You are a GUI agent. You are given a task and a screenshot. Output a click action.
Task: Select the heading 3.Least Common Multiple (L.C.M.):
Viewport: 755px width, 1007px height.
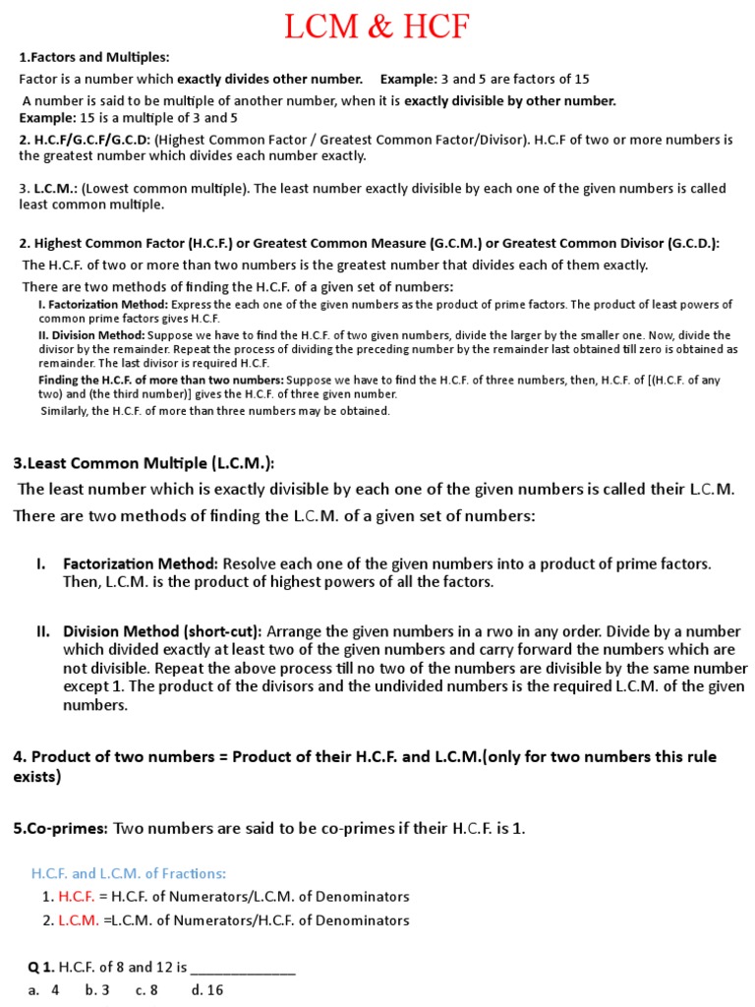pyautogui.click(x=144, y=462)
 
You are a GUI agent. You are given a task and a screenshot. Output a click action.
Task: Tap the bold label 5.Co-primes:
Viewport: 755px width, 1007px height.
pyautogui.click(x=60, y=828)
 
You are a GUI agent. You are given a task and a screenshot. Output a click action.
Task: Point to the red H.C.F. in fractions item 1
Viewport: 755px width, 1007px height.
pyautogui.click(x=77, y=896)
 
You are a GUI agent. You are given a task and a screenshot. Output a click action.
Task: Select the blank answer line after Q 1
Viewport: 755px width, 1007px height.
pyautogui.click(x=243, y=968)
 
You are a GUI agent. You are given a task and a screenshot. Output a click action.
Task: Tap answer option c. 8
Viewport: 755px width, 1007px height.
pyautogui.click(x=146, y=990)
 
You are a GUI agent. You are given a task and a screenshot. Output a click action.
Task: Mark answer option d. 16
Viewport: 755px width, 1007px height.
pyautogui.click(x=207, y=990)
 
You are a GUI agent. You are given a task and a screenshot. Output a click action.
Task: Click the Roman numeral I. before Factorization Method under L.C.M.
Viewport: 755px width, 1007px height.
pyautogui.click(x=40, y=563)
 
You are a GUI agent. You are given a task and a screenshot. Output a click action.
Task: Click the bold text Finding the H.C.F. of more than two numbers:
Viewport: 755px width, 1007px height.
pyautogui.click(x=161, y=380)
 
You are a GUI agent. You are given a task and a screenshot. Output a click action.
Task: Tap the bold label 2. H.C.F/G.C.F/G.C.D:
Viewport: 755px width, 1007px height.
pyautogui.click(x=85, y=140)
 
